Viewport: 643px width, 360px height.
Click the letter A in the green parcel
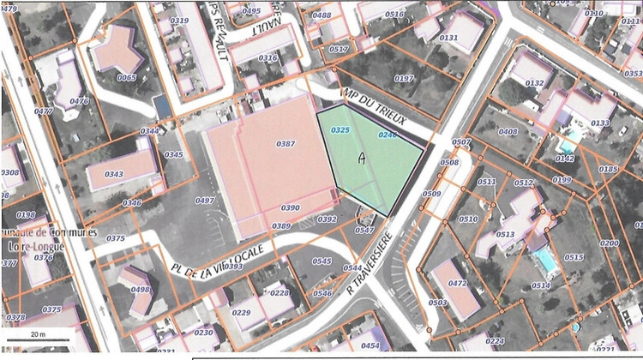point(362,158)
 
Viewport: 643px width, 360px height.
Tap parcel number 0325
point(340,129)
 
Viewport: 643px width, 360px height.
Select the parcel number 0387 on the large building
point(285,143)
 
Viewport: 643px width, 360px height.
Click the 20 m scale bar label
point(37,332)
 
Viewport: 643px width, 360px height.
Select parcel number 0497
point(204,200)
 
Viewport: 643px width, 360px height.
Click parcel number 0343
point(113,174)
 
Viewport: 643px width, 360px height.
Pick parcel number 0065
point(126,77)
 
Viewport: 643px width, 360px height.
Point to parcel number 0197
point(403,79)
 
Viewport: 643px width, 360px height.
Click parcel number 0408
point(508,132)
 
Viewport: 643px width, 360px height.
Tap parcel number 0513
point(505,234)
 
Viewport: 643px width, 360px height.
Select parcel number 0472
point(457,283)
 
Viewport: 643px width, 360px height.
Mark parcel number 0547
point(364,230)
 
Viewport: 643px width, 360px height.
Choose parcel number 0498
point(141,290)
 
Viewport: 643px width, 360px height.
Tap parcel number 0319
point(180,20)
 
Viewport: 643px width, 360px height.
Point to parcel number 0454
point(370,345)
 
